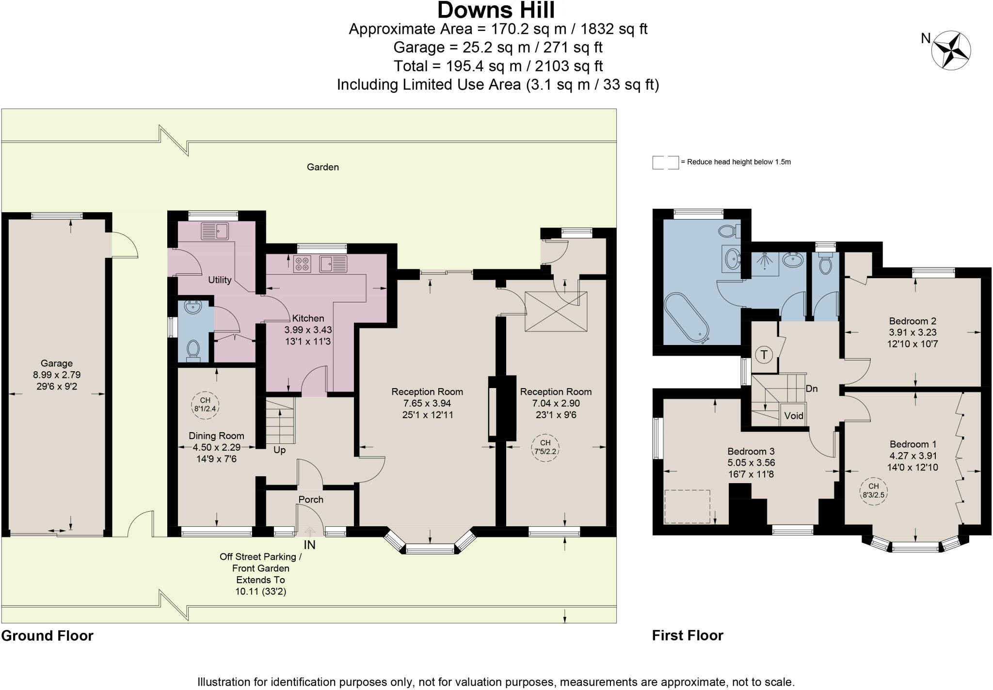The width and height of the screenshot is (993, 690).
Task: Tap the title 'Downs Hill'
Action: [496, 10]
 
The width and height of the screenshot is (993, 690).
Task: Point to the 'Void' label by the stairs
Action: [794, 415]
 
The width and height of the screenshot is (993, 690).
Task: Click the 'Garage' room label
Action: [57, 363]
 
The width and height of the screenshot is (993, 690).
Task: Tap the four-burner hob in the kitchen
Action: [302, 264]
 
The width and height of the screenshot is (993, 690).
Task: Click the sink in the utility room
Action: [215, 231]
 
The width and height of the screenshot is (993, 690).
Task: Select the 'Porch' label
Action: [311, 499]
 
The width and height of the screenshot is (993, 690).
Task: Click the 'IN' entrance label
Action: [309, 545]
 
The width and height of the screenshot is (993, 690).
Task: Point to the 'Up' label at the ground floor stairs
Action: [279, 450]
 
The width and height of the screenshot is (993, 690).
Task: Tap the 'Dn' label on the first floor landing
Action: [812, 388]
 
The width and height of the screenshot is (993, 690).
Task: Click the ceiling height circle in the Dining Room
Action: [205, 404]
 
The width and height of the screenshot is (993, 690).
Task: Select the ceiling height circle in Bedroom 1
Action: [873, 491]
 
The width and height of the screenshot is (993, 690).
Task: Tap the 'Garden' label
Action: [323, 167]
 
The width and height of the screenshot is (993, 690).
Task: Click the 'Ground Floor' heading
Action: [47, 636]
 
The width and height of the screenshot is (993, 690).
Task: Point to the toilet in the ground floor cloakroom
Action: [193, 350]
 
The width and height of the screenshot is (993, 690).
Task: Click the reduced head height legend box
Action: [665, 162]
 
